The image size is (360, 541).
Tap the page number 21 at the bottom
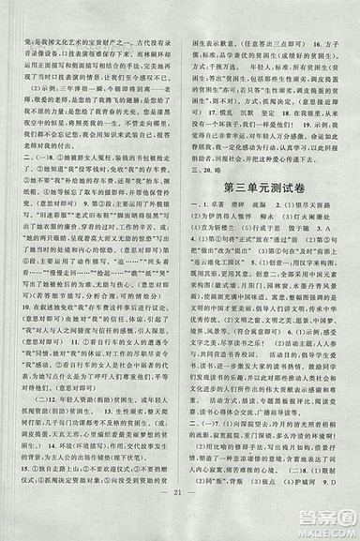click(x=180, y=514)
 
